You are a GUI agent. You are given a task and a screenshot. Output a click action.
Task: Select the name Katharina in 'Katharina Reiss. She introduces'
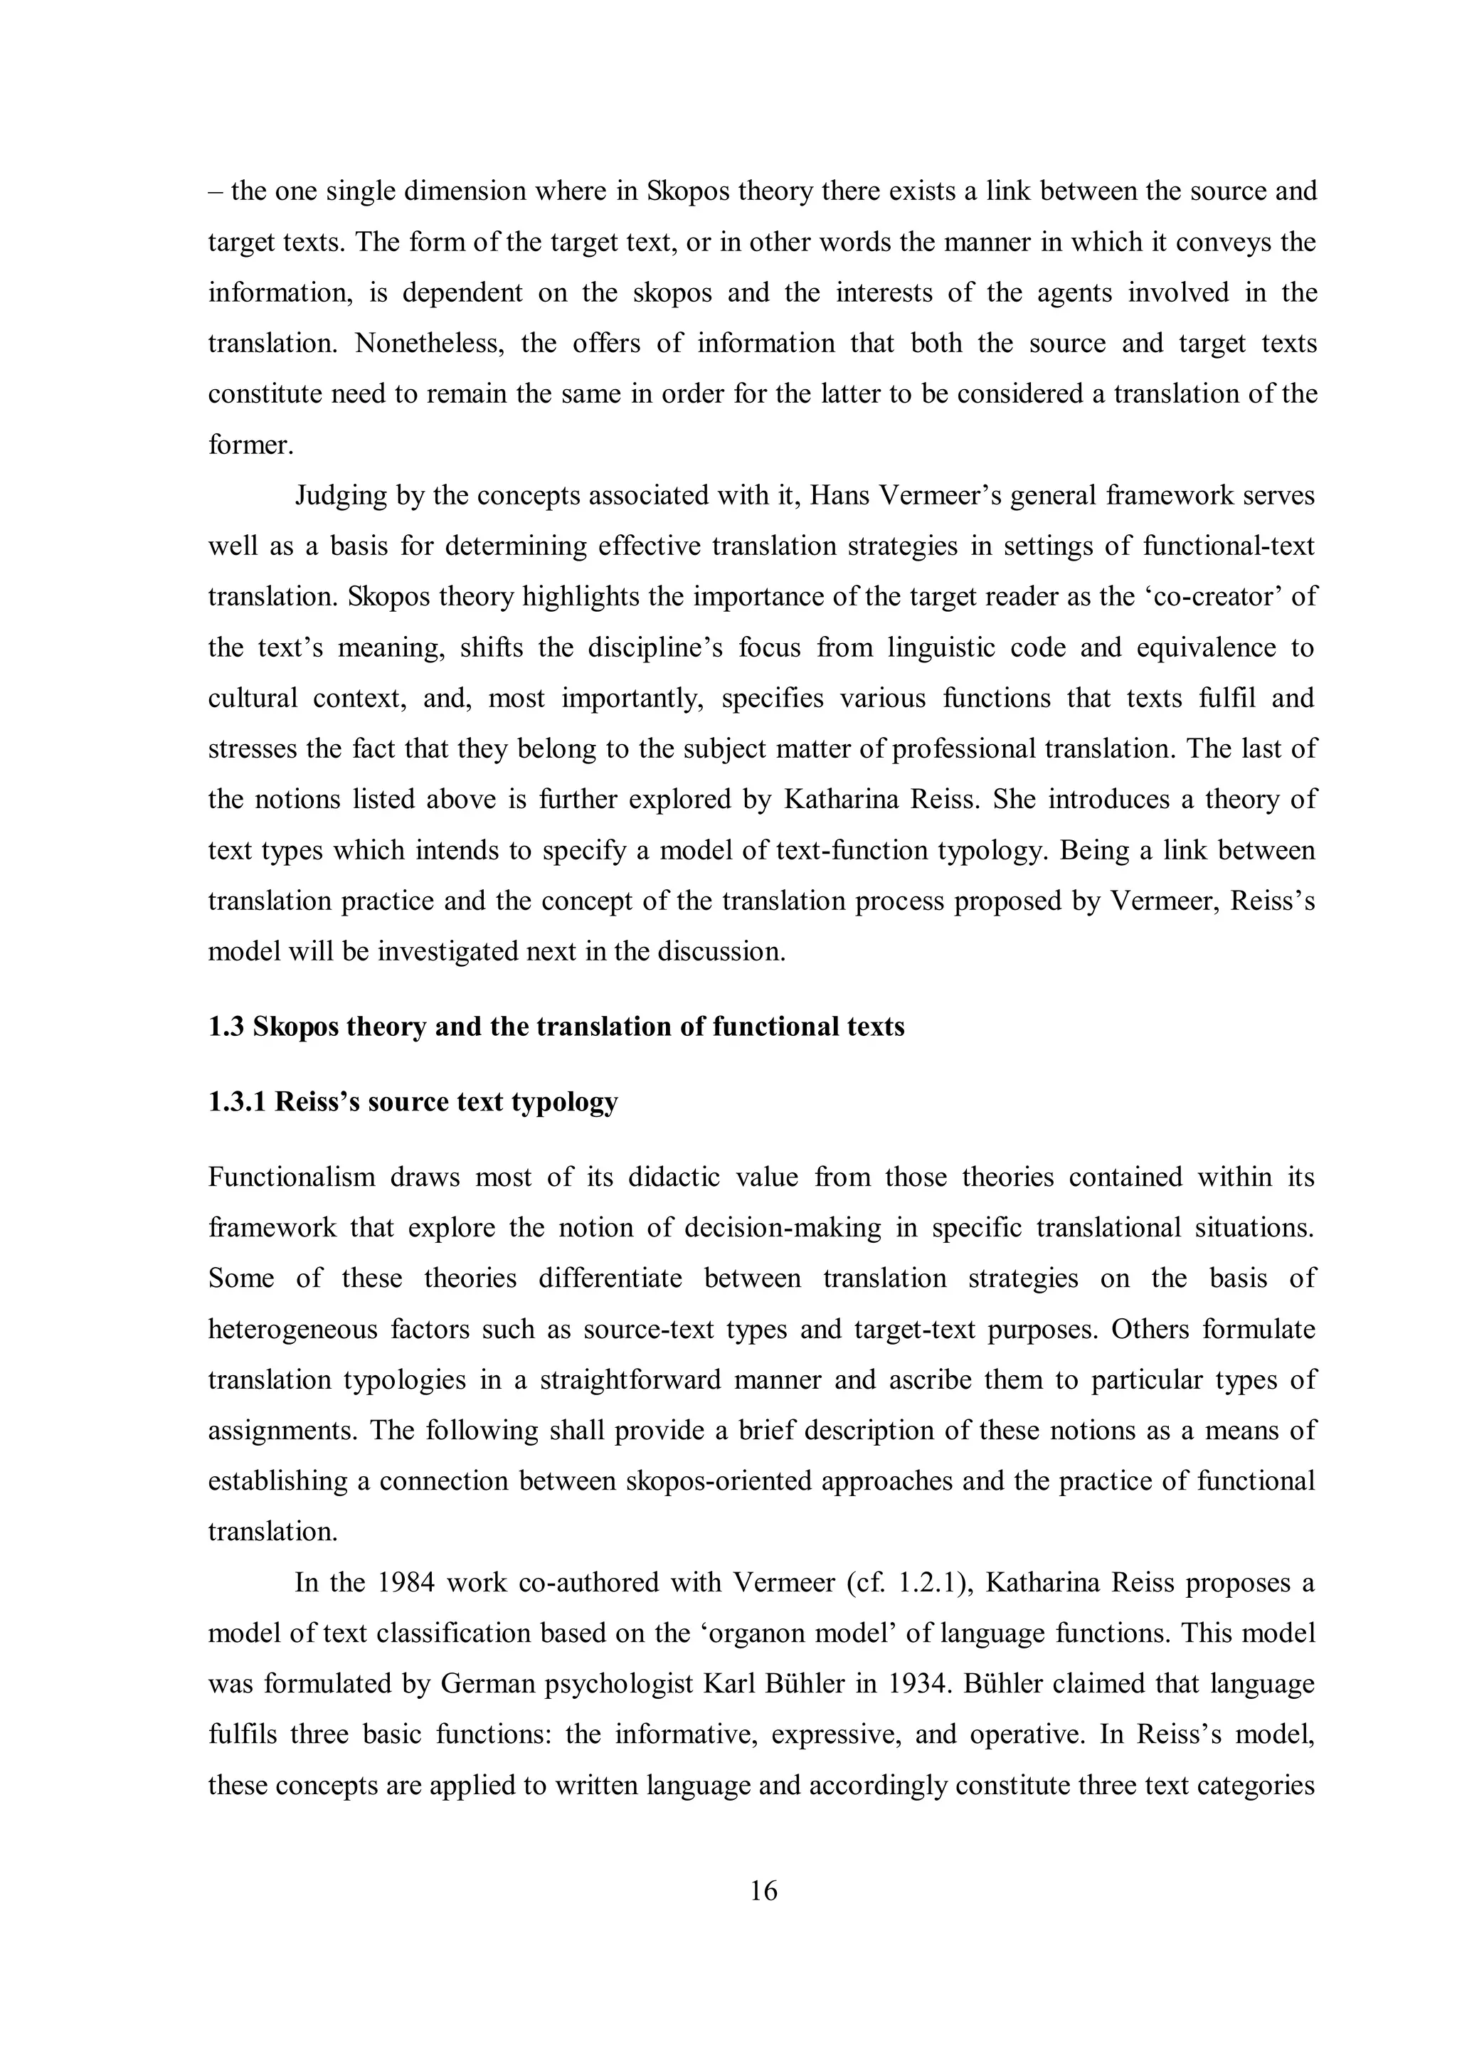tap(840, 799)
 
